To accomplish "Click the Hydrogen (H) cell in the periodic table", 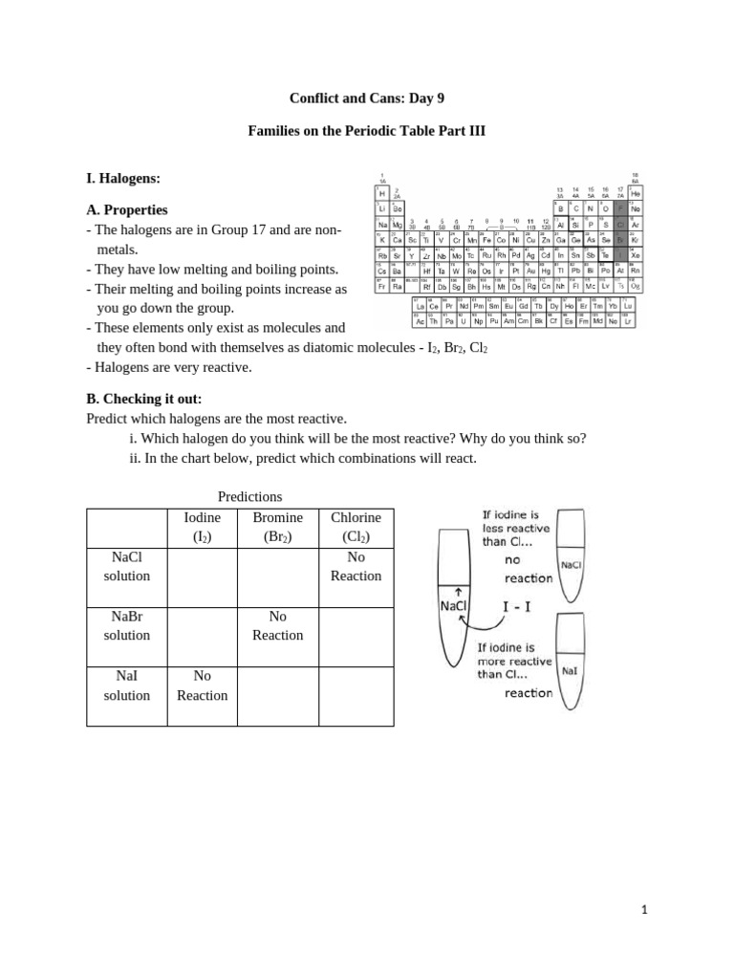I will point(382,193).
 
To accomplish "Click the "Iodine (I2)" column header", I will point(201,527).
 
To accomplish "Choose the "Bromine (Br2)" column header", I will point(277,527).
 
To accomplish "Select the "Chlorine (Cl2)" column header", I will point(356,527).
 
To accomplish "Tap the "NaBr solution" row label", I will point(127,625).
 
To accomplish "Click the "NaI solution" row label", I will point(127,685).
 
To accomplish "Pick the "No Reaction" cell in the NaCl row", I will point(356,566).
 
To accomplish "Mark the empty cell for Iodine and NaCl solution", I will point(201,577).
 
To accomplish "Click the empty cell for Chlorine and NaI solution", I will point(356,696).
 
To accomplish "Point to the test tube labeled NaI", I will point(570,669).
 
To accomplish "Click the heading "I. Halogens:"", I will point(122,178).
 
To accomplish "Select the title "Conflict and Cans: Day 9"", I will point(367,98).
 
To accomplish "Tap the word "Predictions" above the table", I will point(249,496).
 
